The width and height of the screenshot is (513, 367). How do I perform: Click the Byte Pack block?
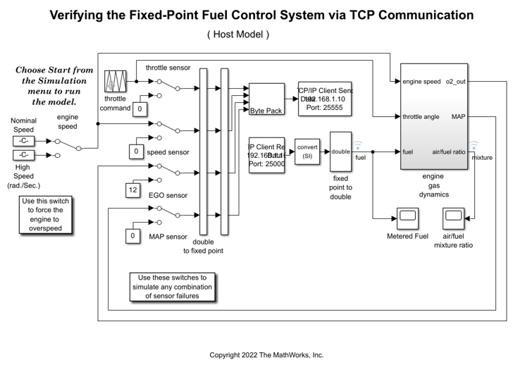[x=266, y=99]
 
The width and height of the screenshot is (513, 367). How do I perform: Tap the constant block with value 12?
[x=132, y=189]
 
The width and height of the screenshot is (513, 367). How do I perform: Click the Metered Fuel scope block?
[x=407, y=219]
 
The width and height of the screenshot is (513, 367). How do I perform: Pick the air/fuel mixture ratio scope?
[x=453, y=219]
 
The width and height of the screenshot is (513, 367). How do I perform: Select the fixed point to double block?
[x=340, y=151]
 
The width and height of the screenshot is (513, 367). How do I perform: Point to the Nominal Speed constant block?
[x=23, y=142]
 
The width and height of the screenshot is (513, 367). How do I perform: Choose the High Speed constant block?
[x=23, y=155]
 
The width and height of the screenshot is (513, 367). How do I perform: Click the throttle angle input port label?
[x=421, y=116]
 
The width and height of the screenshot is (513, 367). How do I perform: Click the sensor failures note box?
[x=173, y=287]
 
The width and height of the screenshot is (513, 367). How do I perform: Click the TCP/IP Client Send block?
[x=325, y=99]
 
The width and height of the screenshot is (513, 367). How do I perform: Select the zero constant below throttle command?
[x=140, y=108]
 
